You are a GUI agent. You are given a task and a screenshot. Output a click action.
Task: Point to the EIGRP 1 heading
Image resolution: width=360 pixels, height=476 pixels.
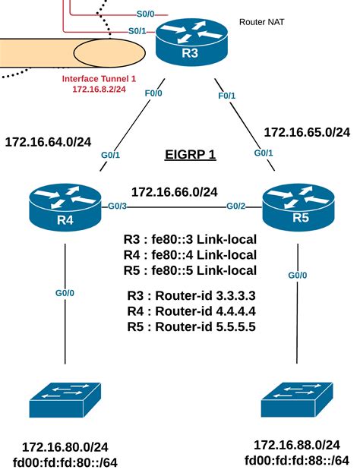[x=191, y=155]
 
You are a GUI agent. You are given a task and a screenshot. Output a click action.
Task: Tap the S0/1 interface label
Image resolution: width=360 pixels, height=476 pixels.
[x=137, y=31]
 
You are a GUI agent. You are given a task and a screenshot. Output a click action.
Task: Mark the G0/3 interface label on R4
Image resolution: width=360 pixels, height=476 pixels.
[x=117, y=206]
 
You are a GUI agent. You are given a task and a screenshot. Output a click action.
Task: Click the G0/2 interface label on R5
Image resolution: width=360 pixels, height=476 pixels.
[x=237, y=206]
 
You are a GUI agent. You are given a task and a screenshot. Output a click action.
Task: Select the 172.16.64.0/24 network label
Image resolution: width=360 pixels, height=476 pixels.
[x=48, y=140]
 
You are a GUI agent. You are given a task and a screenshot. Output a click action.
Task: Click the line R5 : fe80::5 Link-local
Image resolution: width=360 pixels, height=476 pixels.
[x=190, y=270]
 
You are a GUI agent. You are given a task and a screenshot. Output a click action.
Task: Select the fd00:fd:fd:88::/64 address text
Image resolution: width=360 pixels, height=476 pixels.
[x=296, y=460]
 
